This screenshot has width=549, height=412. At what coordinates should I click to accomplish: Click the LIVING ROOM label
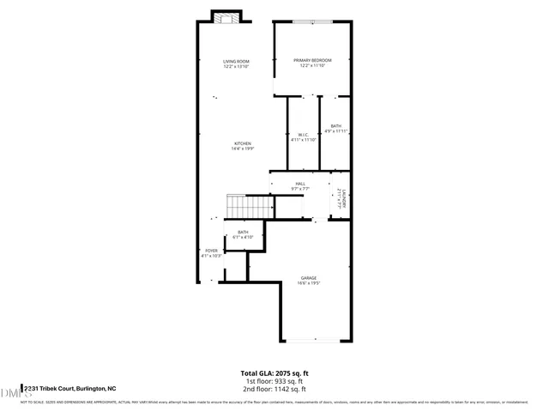(x=236, y=61)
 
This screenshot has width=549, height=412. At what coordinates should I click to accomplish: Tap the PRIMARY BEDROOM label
(x=312, y=59)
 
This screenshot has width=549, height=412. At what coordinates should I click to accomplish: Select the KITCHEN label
(x=243, y=143)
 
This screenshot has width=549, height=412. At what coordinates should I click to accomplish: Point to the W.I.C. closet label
(x=303, y=135)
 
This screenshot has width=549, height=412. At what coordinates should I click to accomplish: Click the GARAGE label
(x=309, y=278)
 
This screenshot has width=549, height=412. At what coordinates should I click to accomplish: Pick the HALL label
(x=300, y=184)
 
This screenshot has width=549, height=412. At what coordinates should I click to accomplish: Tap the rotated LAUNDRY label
(x=341, y=199)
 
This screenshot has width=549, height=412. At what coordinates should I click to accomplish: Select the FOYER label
(x=211, y=251)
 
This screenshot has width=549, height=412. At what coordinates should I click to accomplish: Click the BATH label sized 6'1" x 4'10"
(x=243, y=232)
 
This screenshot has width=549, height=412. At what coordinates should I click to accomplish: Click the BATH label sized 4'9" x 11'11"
(x=335, y=126)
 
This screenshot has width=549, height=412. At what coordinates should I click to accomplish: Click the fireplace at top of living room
(x=226, y=19)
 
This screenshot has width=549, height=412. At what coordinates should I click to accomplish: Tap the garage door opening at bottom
(x=312, y=339)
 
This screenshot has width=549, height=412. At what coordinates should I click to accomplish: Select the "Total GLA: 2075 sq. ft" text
(x=274, y=373)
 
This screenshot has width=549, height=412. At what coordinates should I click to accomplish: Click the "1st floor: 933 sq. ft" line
(x=274, y=380)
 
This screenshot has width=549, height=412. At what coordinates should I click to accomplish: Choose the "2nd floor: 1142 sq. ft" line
(x=274, y=388)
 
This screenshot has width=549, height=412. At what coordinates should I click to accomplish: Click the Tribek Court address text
(x=69, y=388)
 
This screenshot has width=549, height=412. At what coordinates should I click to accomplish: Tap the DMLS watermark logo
(x=12, y=392)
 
